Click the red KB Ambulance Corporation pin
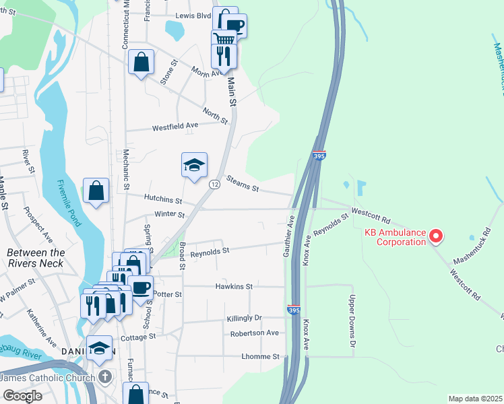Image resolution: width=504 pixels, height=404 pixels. coord(435,236)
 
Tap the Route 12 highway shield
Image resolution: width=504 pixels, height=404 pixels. coord(214,184)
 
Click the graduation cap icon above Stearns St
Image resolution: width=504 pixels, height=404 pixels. coord(194,165)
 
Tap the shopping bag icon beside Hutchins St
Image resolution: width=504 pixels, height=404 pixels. coord(96,190)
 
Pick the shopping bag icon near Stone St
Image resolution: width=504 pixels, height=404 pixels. coord(141,63)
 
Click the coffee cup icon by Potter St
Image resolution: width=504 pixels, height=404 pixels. coord(141,288)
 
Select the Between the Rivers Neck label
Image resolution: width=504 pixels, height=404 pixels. coord(36,258)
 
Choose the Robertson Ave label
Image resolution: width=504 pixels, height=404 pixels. coord(254,333)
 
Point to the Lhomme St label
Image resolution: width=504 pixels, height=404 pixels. coord(256,356)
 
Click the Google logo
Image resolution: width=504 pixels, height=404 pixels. coord(22,395)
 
